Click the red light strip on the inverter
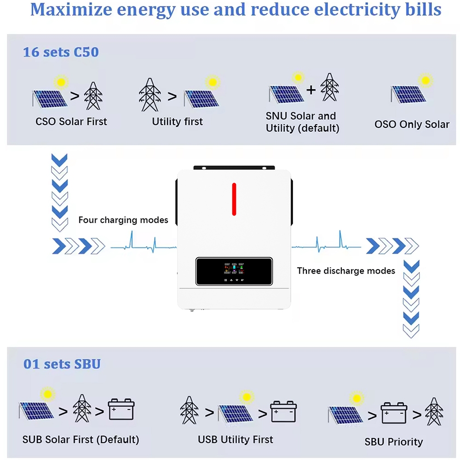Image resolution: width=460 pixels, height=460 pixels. click(234, 199)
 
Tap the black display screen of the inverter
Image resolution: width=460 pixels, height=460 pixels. click(234, 271)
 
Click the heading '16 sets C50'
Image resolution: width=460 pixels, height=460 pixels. click(61, 52)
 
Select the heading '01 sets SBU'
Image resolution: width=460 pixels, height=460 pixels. click(62, 364)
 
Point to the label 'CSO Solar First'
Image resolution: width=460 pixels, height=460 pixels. click(71, 122)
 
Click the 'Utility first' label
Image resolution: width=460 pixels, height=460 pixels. click(178, 122)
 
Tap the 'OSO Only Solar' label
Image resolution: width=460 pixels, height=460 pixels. click(412, 124)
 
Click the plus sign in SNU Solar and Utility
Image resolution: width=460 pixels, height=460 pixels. click(311, 90)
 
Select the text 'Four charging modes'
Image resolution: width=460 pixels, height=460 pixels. click(123, 220)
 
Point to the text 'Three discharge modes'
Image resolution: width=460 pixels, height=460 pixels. click(346, 270)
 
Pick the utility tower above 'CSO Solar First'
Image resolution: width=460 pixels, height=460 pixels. click(93, 96)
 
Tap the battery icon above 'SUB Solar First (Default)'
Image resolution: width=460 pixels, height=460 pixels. click(121, 409)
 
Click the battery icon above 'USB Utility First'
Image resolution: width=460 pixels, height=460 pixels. click(283, 411)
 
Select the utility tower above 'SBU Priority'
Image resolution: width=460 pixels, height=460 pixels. click(434, 412)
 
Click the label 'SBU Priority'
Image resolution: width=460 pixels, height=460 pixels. click(394, 442)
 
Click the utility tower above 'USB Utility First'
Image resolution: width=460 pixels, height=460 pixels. click(189, 410)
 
